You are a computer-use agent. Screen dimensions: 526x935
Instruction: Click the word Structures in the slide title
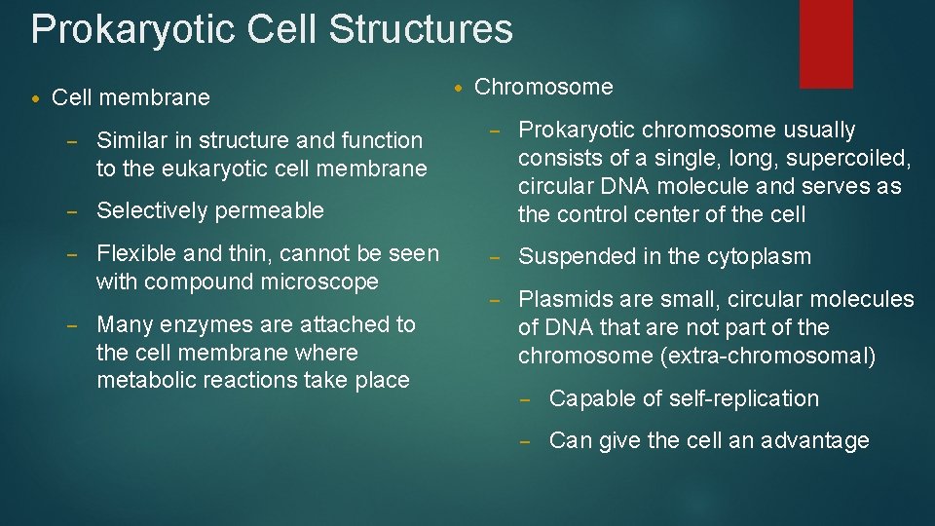[421, 29]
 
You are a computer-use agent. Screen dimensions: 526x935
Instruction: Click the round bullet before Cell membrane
[36, 98]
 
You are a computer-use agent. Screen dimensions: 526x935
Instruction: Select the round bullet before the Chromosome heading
[459, 88]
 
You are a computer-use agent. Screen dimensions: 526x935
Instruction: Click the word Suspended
[574, 257]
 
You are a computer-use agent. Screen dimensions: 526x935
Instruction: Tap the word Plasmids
[561, 299]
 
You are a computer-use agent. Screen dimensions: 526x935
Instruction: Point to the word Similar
[132, 140]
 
